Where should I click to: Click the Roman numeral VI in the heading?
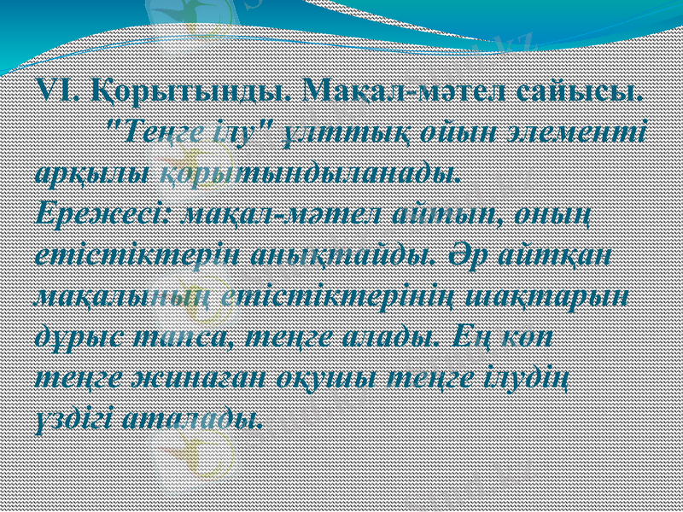(x=55, y=90)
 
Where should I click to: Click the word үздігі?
(x=73, y=417)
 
